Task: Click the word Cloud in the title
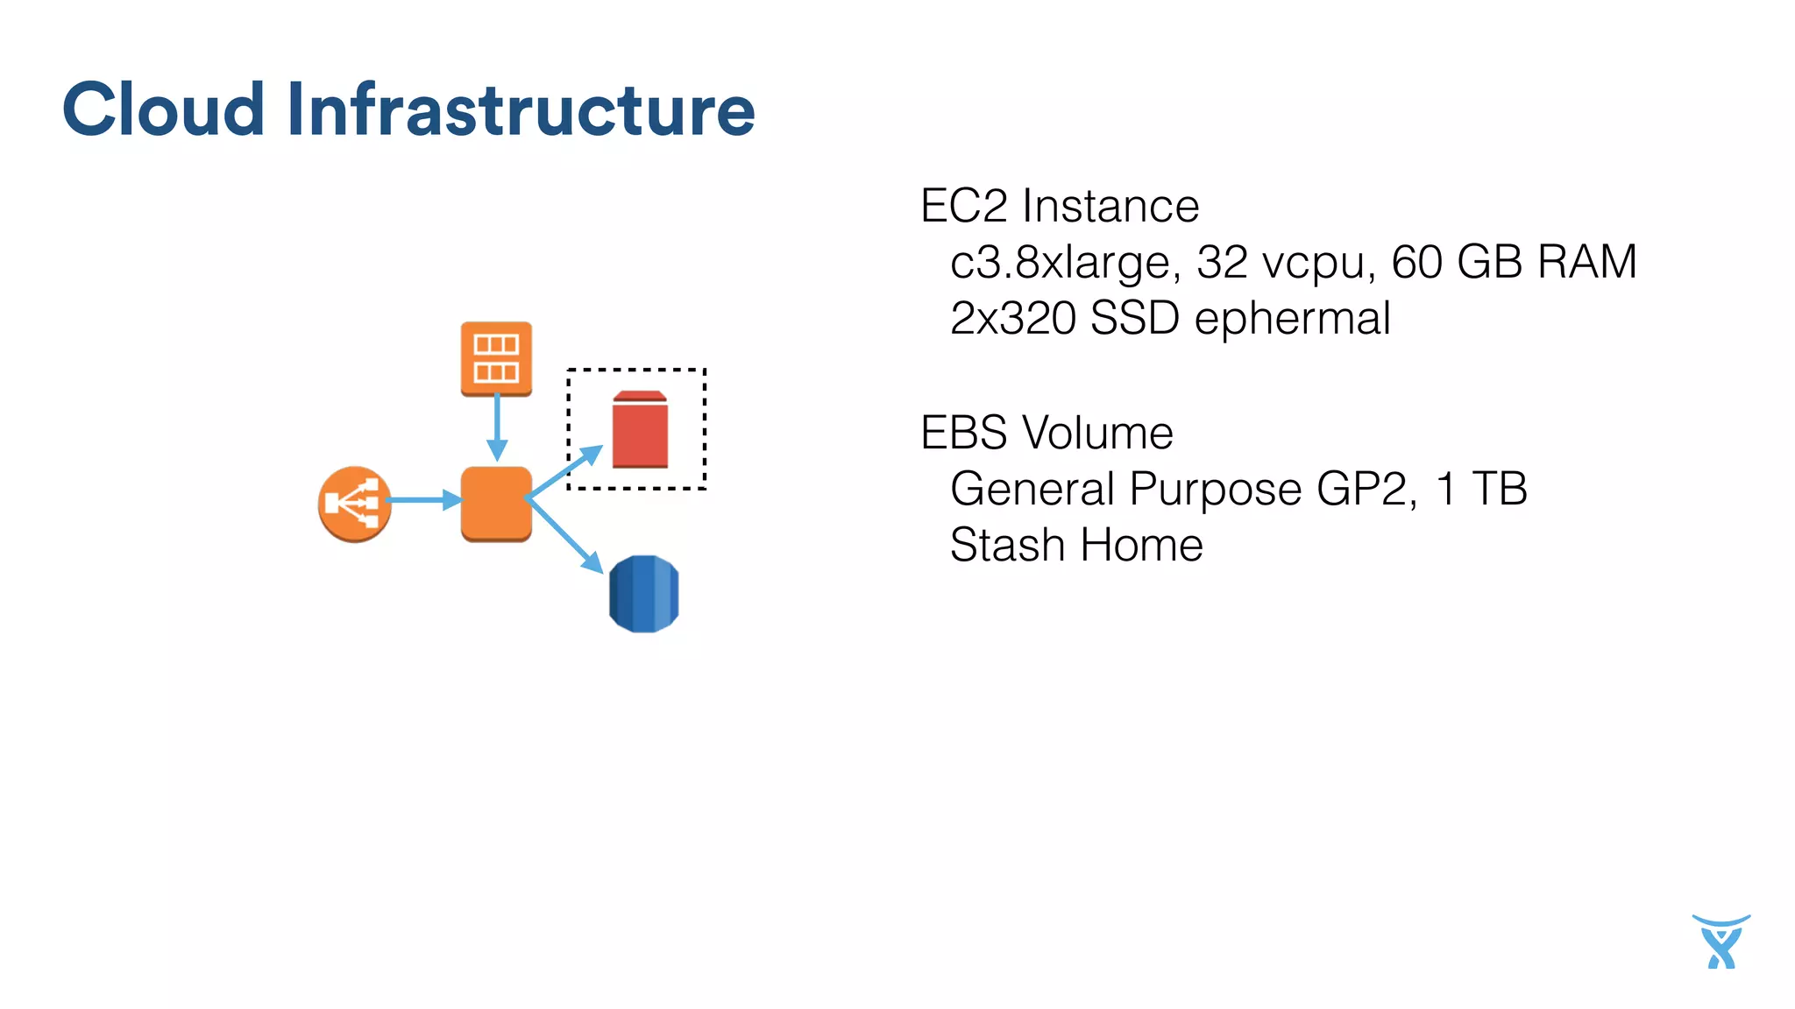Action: click(164, 109)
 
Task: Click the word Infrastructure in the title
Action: click(521, 109)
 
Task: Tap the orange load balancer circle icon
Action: click(354, 504)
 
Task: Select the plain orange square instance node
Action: click(496, 504)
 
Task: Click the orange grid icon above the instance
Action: click(496, 358)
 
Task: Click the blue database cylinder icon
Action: click(643, 594)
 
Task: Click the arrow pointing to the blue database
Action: click(566, 537)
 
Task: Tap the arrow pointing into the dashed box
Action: click(566, 473)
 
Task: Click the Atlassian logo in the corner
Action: click(1721, 942)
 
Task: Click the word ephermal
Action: click(1292, 318)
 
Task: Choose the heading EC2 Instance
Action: click(1059, 207)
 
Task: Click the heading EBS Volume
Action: click(1046, 433)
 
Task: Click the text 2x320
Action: click(1012, 318)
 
